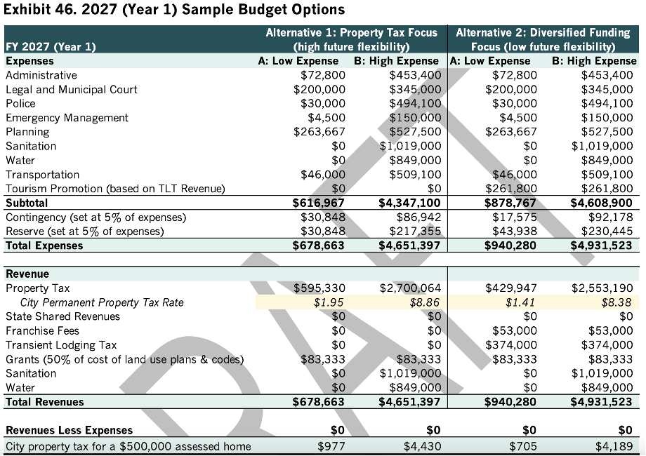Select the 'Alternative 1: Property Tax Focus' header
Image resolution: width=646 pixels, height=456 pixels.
tap(351, 33)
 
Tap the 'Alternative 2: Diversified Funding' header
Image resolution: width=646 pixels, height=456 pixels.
tap(543, 33)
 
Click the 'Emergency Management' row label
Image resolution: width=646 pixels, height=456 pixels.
tap(67, 118)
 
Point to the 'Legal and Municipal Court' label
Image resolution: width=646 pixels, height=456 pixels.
tap(71, 89)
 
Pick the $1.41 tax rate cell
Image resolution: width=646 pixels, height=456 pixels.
tap(520, 302)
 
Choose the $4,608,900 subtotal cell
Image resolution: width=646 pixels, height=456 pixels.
tap(602, 203)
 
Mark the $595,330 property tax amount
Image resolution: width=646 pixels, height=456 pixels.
tap(319, 288)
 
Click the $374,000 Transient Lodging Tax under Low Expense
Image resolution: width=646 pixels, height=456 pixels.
tap(511, 345)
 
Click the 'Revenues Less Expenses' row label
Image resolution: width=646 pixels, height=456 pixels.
tap(69, 430)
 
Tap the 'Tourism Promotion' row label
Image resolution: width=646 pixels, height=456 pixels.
tap(115, 189)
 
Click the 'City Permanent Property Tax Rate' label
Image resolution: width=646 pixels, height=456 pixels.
tap(102, 302)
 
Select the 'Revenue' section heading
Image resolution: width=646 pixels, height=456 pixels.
tap(27, 274)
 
